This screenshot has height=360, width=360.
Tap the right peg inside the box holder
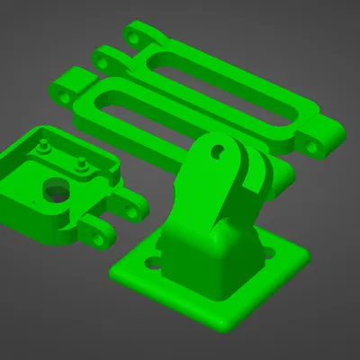pos(82,164)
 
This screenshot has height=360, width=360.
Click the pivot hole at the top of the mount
pos(217,152)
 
